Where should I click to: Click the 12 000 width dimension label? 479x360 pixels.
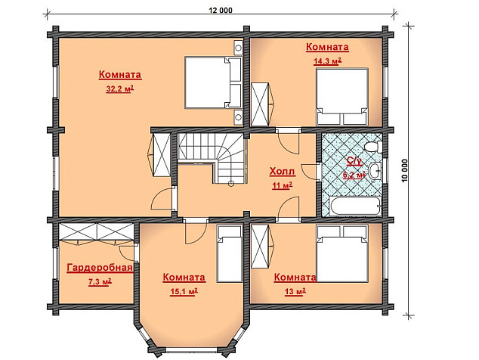(221, 11)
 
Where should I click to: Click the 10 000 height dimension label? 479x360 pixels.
(405, 171)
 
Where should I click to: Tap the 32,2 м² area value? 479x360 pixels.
(120, 89)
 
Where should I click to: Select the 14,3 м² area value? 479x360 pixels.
(327, 61)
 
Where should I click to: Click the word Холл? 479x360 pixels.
(283, 171)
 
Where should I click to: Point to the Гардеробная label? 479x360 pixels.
(100, 268)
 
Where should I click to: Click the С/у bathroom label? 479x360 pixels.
(354, 161)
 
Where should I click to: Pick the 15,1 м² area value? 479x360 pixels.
(184, 292)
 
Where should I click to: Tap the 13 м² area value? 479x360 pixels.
(295, 292)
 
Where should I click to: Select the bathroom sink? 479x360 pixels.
(375, 170)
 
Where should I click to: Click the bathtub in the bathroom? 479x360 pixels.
(355, 206)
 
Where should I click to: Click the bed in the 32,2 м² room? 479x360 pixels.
(214, 82)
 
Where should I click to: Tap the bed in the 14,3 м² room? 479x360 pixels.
(341, 97)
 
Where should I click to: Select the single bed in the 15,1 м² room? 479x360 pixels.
(230, 254)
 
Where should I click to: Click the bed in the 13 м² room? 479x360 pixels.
(341, 253)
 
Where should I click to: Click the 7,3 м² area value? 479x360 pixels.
(100, 282)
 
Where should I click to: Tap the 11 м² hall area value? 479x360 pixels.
(283, 185)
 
